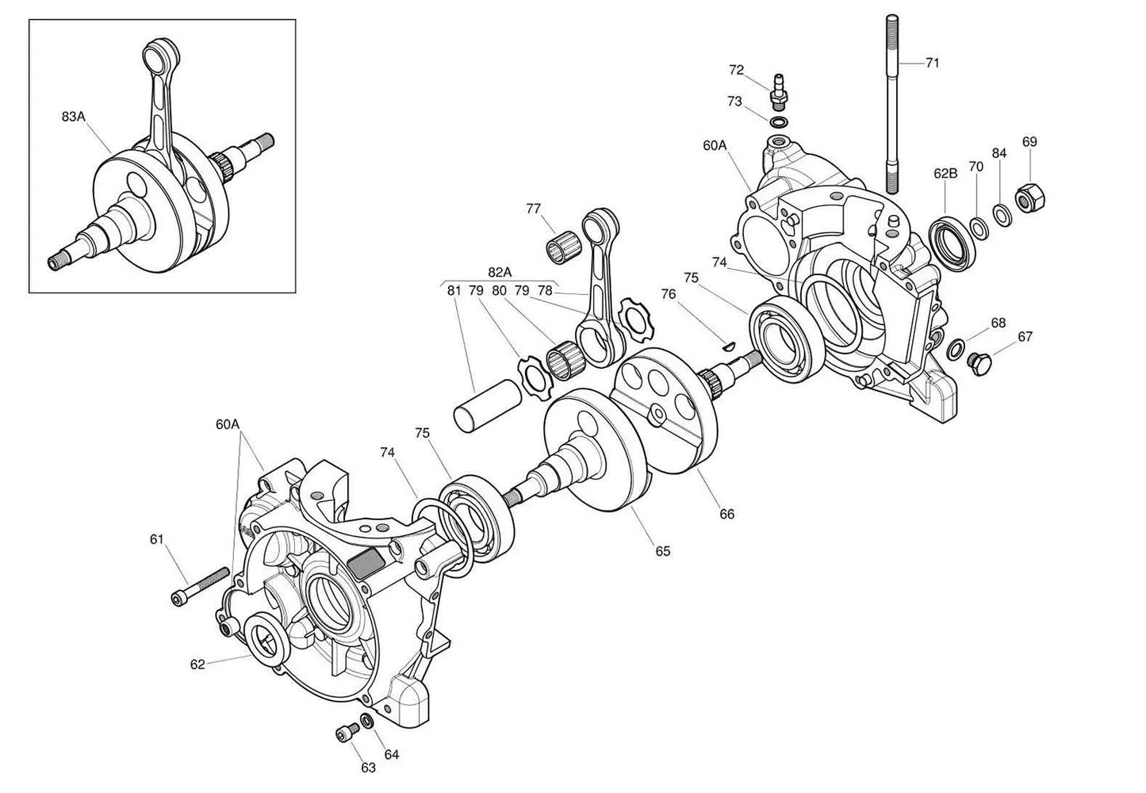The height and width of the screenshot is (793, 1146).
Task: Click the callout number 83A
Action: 73,117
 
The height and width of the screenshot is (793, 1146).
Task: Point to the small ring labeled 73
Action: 779,122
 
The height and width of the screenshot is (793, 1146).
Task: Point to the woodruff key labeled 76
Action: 730,344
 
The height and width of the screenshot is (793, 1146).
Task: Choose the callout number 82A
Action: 500,272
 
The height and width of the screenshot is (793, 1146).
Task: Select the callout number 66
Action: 726,514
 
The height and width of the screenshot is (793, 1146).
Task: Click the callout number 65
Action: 662,550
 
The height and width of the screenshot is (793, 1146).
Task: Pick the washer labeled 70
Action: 979,227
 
